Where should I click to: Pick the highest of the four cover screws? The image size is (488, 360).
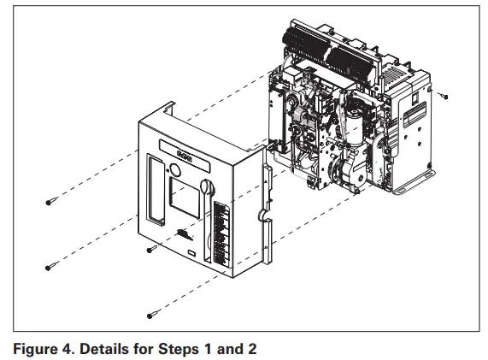tap(51, 202)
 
